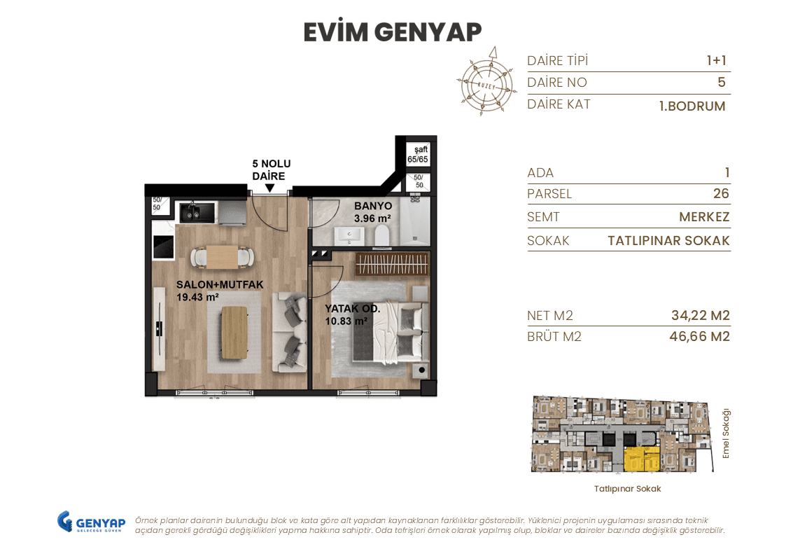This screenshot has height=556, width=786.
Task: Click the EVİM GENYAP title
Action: [393, 32]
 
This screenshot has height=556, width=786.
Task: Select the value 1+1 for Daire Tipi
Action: [716, 61]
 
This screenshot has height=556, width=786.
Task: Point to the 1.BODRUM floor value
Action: [692, 106]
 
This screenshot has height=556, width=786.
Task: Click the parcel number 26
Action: [720, 194]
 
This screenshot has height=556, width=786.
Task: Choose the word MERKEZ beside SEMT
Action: [704, 217]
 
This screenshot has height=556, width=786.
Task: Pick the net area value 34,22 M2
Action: [700, 316]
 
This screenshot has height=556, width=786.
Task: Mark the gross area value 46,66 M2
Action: [699, 337]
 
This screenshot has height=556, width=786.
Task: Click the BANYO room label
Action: [372, 212]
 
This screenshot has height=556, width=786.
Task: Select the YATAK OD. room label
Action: [352, 314]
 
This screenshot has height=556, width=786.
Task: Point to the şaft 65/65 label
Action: [417, 155]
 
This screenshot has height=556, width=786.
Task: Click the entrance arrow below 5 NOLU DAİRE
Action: [269, 188]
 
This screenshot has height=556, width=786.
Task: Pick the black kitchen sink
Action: [191, 211]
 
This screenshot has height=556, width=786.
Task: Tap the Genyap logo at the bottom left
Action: [91, 523]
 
